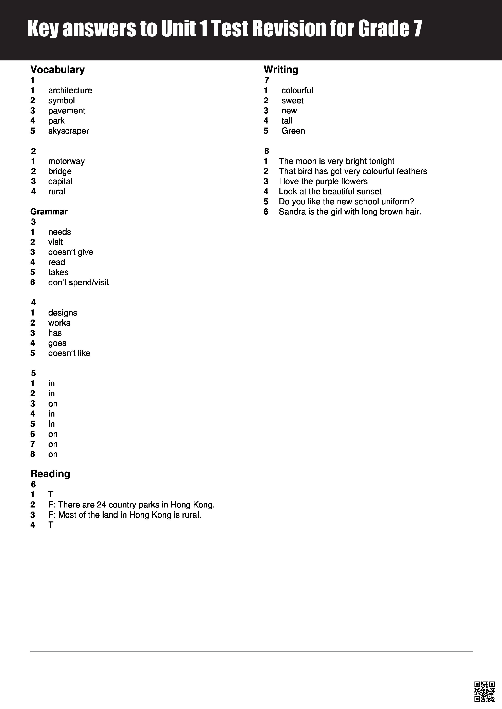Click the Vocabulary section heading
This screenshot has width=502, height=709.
coord(57,70)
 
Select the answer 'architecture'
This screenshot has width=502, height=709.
coord(70,91)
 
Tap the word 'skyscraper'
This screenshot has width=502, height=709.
coord(69,131)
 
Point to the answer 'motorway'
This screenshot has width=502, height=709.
coord(66,161)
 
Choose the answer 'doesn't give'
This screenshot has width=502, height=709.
coord(70,252)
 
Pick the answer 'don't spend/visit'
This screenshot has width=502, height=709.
coord(79,283)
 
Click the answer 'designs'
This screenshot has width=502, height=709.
coord(63,313)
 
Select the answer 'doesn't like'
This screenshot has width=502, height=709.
coord(69,353)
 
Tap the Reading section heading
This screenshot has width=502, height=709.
coord(50,474)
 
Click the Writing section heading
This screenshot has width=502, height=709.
coord(281,70)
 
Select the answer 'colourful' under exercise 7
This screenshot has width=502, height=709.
coord(297,91)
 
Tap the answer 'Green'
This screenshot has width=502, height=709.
coord(293,131)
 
